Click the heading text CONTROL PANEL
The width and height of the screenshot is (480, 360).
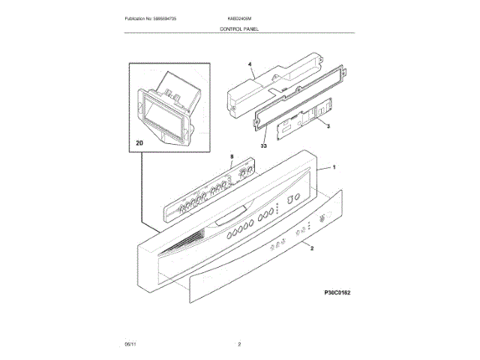click(x=238, y=27)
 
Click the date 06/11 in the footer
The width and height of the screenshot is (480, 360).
click(x=129, y=343)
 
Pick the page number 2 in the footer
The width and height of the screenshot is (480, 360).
click(x=238, y=343)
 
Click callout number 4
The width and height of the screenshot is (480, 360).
click(x=250, y=65)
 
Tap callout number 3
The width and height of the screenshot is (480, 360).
click(x=328, y=127)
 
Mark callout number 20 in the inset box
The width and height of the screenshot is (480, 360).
click(x=139, y=142)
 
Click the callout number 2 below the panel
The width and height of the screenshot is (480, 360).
click(x=311, y=247)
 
